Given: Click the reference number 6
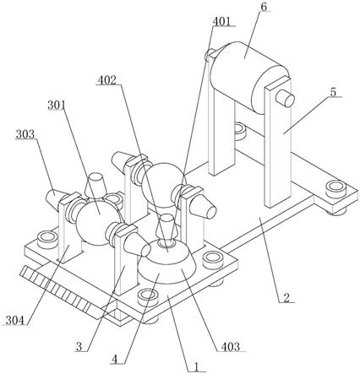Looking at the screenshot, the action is [264, 7].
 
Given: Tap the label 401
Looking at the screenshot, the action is [221, 21].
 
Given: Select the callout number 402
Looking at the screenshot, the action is [106, 80].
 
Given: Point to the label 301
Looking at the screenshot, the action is [57, 106].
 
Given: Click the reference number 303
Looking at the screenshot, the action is [25, 134].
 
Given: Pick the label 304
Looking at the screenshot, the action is [15, 320].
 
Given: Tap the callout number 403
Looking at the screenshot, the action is [230, 346].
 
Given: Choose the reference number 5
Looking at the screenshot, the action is [333, 92].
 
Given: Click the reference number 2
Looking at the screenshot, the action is [286, 298].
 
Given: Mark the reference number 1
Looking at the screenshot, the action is [196, 367].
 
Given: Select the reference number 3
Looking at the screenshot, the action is [79, 347].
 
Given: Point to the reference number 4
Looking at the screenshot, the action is [114, 360].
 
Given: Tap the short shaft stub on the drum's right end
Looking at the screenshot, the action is [285, 99].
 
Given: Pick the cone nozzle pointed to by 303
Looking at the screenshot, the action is [54, 198].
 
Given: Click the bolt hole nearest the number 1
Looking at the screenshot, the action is [148, 297].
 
